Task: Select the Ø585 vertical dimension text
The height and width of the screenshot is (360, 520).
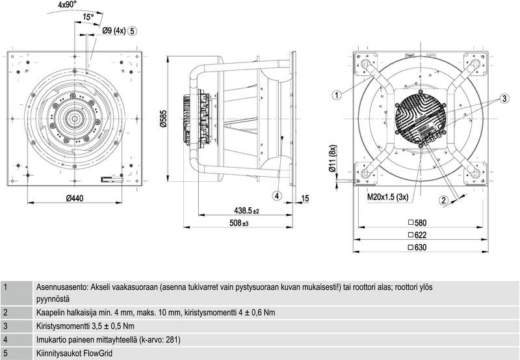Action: coord(164,119)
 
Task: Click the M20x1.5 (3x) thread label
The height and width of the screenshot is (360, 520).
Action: coord(388,196)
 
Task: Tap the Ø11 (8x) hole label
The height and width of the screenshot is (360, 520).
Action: coord(332,160)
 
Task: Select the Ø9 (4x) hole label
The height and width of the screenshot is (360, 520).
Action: coord(114,31)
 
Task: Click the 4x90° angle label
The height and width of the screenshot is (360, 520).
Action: coord(67,5)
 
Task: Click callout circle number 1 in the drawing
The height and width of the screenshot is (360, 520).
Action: coord(337,96)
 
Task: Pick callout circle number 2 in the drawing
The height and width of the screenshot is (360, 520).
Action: coord(444,200)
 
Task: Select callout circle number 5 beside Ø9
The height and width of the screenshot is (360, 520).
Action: coord(133,31)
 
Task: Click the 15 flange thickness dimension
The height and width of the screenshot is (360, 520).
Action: coord(305,198)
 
